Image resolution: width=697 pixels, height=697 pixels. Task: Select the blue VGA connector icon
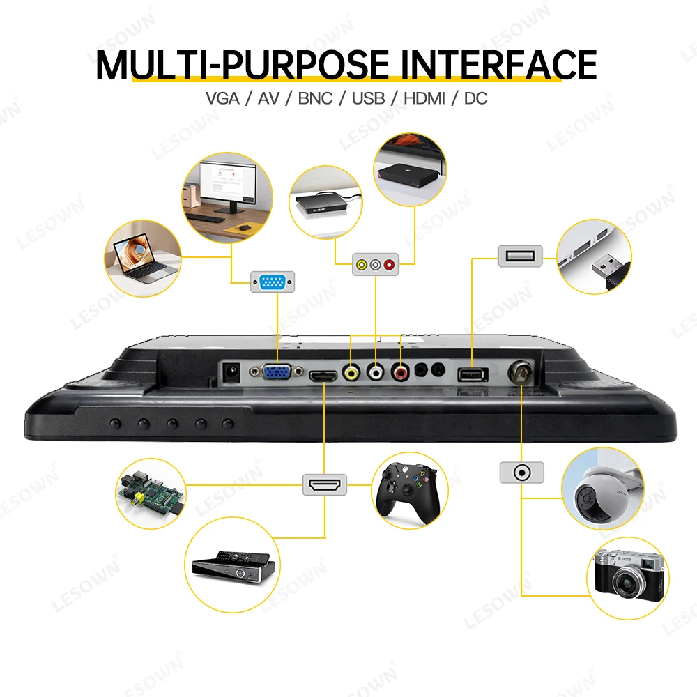pos(273,282)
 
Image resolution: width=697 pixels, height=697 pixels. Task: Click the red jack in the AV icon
pos(389,265)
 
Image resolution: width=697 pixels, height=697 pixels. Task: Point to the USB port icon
pos(519,256)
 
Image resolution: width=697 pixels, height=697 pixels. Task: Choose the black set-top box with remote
pos(233,565)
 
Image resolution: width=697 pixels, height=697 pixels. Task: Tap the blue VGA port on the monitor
pos(277,372)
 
